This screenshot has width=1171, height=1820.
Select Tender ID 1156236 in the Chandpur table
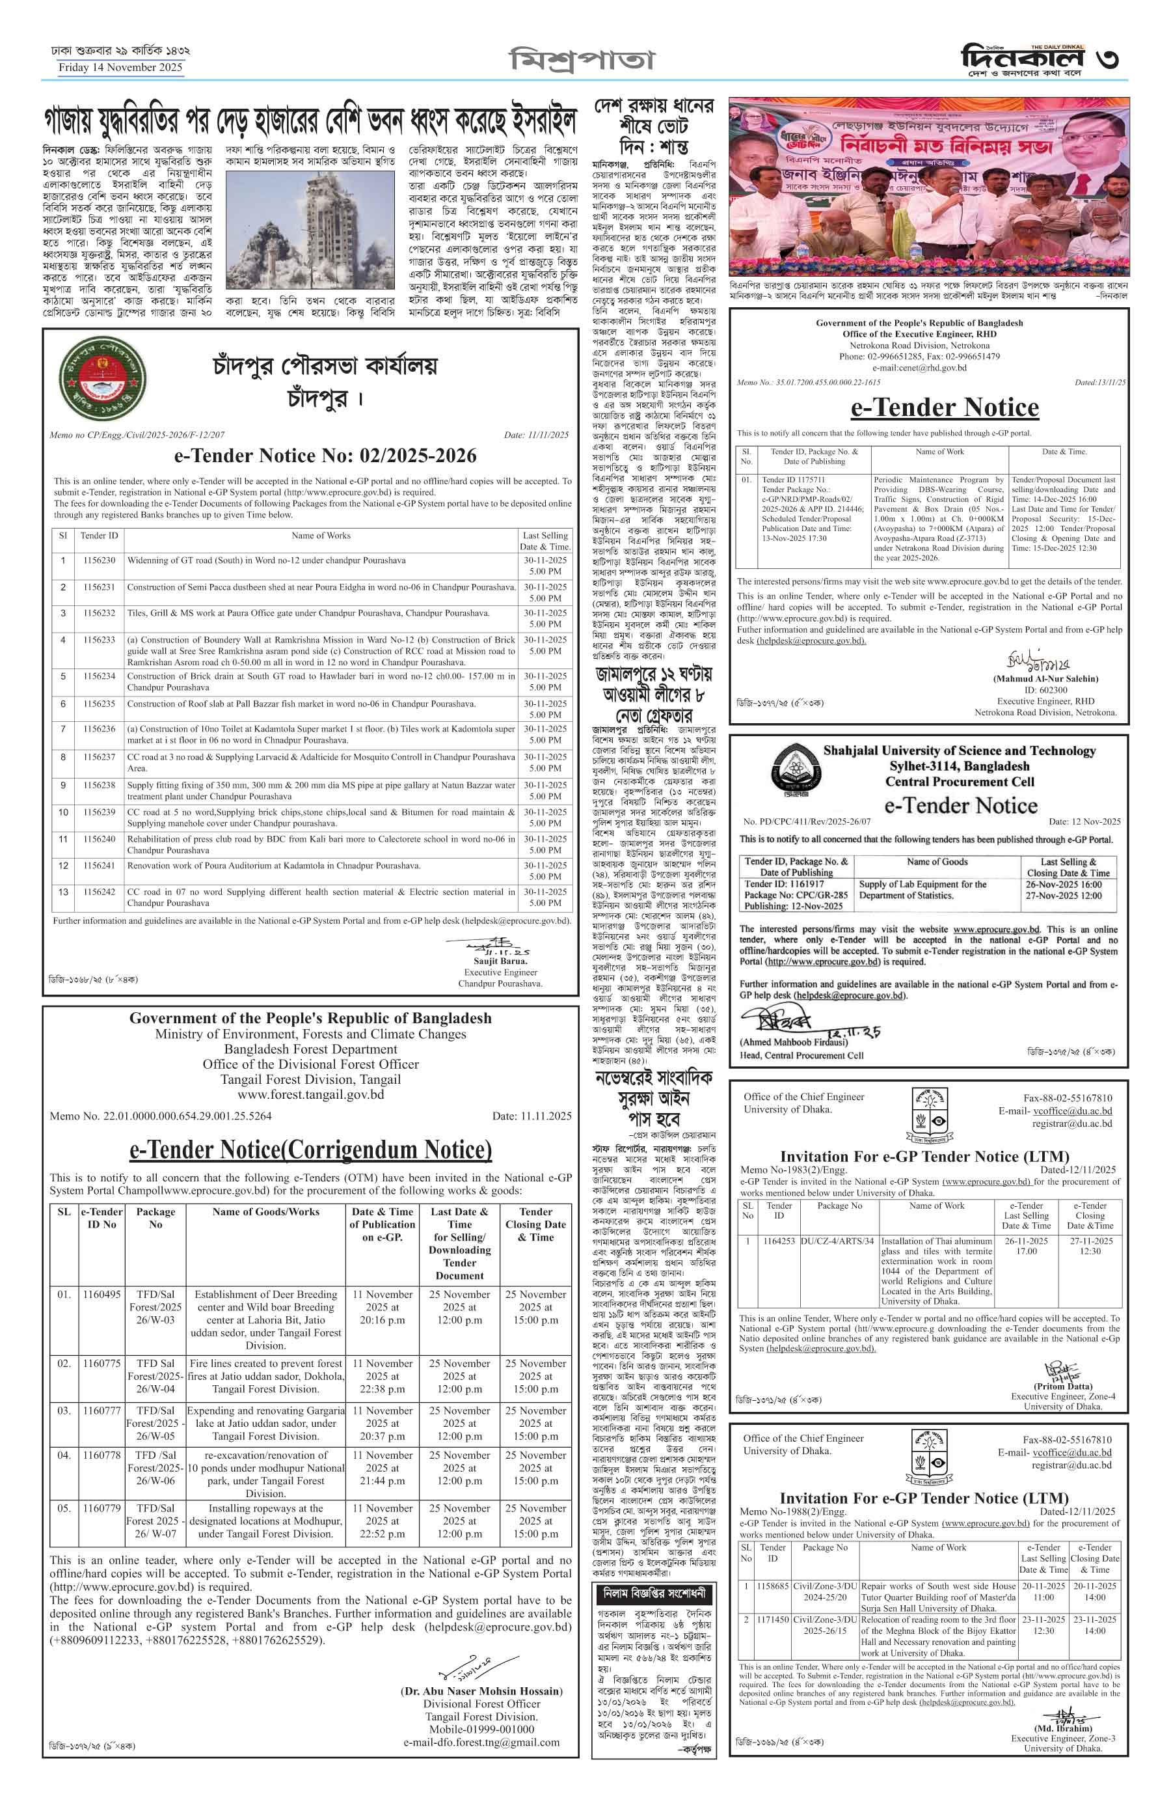(99, 729)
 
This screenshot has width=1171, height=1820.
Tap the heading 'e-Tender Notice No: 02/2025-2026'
(325, 456)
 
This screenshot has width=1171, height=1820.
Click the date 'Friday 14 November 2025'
(120, 67)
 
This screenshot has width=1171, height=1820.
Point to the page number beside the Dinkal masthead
(1107, 59)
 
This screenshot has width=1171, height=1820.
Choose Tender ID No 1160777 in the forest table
(101, 1411)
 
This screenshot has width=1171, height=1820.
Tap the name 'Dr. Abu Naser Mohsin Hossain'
(481, 1690)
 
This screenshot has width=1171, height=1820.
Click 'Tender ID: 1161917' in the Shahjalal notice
(784, 884)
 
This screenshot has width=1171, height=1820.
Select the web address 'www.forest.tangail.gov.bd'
(310, 1094)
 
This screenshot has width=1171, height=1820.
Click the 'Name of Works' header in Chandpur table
(321, 536)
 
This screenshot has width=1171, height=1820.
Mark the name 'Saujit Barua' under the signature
(500, 961)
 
